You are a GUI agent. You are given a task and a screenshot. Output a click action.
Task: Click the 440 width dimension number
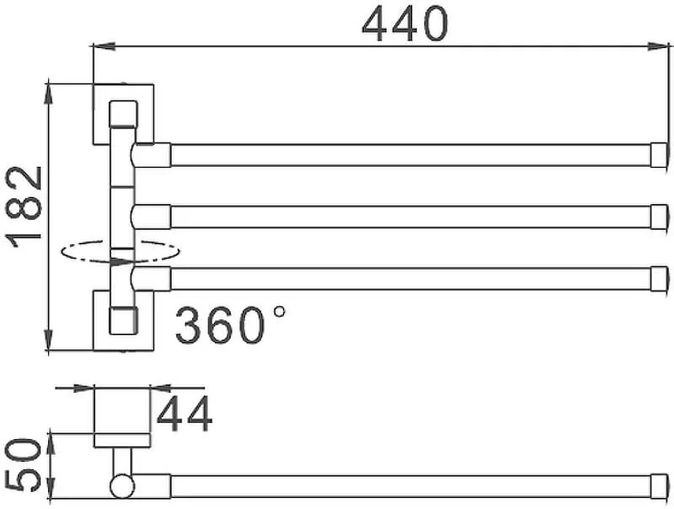(x=405, y=24)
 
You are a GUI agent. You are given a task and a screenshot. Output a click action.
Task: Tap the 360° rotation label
(x=230, y=325)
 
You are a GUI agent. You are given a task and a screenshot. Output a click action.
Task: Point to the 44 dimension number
(x=185, y=414)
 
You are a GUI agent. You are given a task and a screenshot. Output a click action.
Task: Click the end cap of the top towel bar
(x=660, y=155)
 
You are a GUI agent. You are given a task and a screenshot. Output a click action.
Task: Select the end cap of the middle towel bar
(x=660, y=217)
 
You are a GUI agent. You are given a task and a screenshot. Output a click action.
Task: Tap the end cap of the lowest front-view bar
(x=660, y=279)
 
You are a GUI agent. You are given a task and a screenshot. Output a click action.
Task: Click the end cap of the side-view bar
(x=660, y=486)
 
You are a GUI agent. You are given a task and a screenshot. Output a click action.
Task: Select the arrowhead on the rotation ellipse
(x=121, y=261)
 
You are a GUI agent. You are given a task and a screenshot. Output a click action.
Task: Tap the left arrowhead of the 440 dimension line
(x=104, y=46)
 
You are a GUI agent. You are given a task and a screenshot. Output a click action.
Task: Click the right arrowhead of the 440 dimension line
(x=660, y=46)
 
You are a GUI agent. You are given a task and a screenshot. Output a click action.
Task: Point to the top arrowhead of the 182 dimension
(x=49, y=92)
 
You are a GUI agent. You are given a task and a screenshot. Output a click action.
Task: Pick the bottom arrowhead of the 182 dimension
(x=49, y=340)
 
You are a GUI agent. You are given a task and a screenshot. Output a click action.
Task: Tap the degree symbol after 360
(x=280, y=311)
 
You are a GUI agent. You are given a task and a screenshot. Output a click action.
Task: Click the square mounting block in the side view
(x=122, y=411)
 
